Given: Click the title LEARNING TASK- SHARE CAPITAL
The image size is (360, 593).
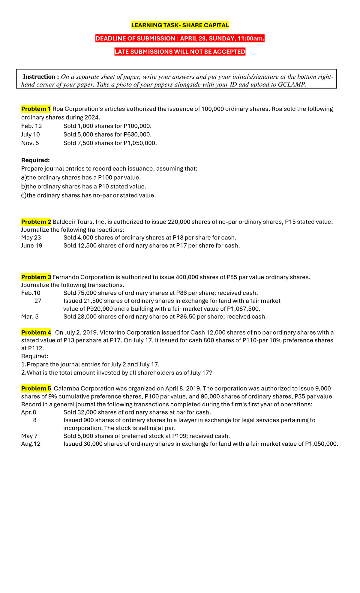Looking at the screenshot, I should [x=180, y=25].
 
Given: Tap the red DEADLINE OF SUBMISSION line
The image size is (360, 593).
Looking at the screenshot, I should [x=180, y=38].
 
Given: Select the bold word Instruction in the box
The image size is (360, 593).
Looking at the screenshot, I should [x=39, y=77].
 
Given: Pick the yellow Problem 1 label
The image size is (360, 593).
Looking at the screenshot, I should [x=36, y=109].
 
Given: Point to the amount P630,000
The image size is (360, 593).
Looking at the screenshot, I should [x=137, y=134].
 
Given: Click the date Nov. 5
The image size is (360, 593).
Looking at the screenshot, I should [x=30, y=143].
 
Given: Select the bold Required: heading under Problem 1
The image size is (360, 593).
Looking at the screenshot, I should [x=35, y=160].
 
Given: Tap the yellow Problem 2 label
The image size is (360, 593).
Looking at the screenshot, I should [x=36, y=222].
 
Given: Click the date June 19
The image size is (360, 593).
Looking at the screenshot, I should [x=31, y=245].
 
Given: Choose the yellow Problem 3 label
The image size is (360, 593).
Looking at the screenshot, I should [x=36, y=277].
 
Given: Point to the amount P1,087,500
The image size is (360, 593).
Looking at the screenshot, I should [x=243, y=309].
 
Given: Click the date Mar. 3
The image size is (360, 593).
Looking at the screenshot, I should [x=30, y=317].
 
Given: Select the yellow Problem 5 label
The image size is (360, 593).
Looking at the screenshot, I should [x=36, y=389].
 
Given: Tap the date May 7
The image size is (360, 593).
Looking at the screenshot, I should [x=29, y=436].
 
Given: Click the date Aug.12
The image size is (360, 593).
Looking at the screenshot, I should [x=31, y=444].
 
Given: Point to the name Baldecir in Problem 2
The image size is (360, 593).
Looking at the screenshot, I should [x=63, y=222].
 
